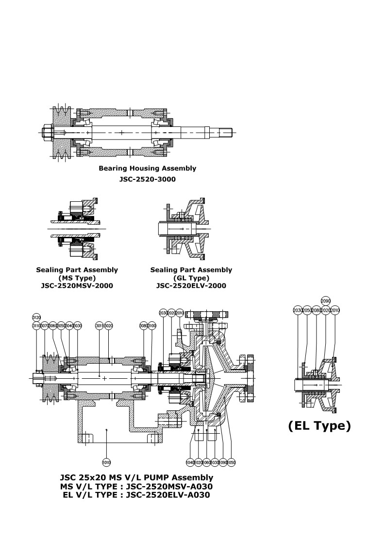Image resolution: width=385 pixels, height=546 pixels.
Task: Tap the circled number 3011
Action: [x=99, y=325]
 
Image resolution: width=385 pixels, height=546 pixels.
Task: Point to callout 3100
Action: [x=152, y=325]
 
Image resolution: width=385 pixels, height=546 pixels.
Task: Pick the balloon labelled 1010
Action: [x=106, y=462]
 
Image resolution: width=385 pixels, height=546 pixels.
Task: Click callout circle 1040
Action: [x=190, y=462]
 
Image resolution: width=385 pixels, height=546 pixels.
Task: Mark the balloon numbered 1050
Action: [x=232, y=462]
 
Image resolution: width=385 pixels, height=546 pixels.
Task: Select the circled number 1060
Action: [x=207, y=462]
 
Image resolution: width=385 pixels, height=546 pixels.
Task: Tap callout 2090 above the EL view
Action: [x=325, y=301]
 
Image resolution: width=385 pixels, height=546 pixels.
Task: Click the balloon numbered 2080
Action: [x=316, y=310]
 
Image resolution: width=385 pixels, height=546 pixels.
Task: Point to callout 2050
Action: [x=307, y=310]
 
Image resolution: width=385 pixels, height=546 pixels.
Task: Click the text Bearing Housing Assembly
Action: [x=148, y=169]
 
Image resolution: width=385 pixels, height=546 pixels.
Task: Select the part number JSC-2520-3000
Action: [x=148, y=179]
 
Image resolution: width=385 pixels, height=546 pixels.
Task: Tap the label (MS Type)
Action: [x=77, y=278]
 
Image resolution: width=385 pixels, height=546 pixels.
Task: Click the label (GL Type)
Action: [x=191, y=278]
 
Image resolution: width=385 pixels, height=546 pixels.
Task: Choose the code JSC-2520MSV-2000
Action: [x=77, y=285]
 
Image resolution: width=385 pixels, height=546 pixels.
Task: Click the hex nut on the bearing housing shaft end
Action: [x=48, y=132]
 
